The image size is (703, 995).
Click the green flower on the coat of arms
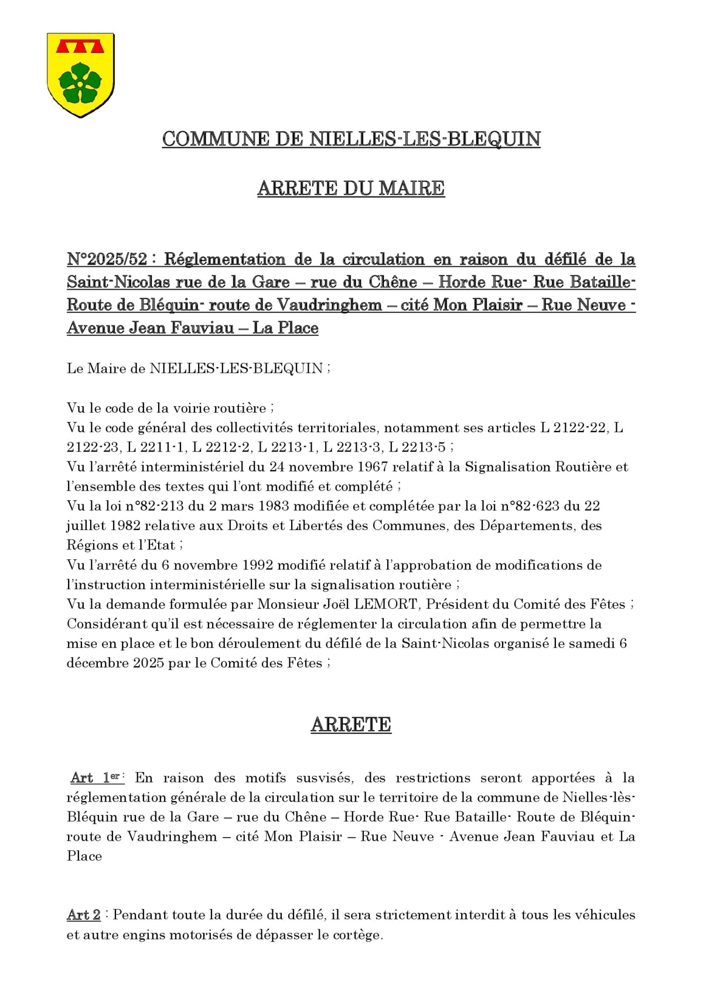[x=80, y=83]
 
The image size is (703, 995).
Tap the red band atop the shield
[x=80, y=46]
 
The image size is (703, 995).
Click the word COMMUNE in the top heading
[x=216, y=140]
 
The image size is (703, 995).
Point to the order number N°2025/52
[x=107, y=259]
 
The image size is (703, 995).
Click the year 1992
[x=254, y=565]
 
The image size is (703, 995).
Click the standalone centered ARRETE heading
[x=351, y=725]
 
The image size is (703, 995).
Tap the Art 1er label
[x=97, y=778]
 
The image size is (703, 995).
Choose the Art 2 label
[x=84, y=915]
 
